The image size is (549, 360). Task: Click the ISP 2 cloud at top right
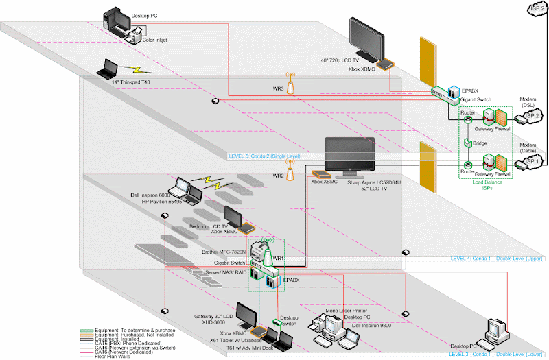(x=538, y=8)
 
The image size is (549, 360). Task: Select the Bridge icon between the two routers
(x=468, y=143)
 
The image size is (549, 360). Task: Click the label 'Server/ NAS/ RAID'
(x=224, y=272)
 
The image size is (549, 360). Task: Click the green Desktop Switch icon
(x=279, y=322)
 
